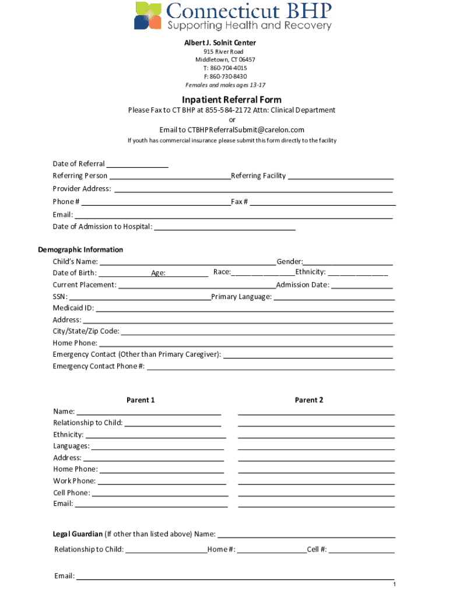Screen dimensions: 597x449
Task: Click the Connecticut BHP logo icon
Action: pyautogui.click(x=148, y=16)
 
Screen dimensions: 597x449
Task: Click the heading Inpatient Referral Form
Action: pyautogui.click(x=231, y=99)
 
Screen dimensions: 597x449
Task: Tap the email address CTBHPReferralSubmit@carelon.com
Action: pyautogui.click(x=231, y=129)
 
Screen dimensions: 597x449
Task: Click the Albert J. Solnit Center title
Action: pyautogui.click(x=220, y=43)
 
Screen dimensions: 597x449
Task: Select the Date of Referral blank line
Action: pyautogui.click(x=138, y=164)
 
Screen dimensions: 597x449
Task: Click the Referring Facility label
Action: pyautogui.click(x=258, y=175)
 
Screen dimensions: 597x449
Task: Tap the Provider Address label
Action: pyautogui.click(x=82, y=188)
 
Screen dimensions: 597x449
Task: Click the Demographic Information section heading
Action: pyautogui.click(x=80, y=250)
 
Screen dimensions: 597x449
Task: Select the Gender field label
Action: pyautogui.click(x=290, y=262)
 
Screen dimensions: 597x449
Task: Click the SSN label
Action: pyautogui.click(x=60, y=297)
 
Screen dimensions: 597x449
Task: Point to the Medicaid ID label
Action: pyautogui.click(x=73, y=308)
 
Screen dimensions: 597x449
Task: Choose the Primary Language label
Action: pyautogui.click(x=241, y=297)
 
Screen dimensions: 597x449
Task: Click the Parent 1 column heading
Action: pyautogui.click(x=141, y=400)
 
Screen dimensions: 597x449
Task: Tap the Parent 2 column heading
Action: pyautogui.click(x=309, y=400)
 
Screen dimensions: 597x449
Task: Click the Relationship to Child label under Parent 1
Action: pyautogui.click(x=87, y=423)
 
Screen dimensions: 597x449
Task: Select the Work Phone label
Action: pyautogui.click(x=74, y=481)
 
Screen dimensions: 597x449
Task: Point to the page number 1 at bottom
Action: pyautogui.click(x=394, y=585)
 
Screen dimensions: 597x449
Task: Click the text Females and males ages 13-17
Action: pyautogui.click(x=225, y=85)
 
